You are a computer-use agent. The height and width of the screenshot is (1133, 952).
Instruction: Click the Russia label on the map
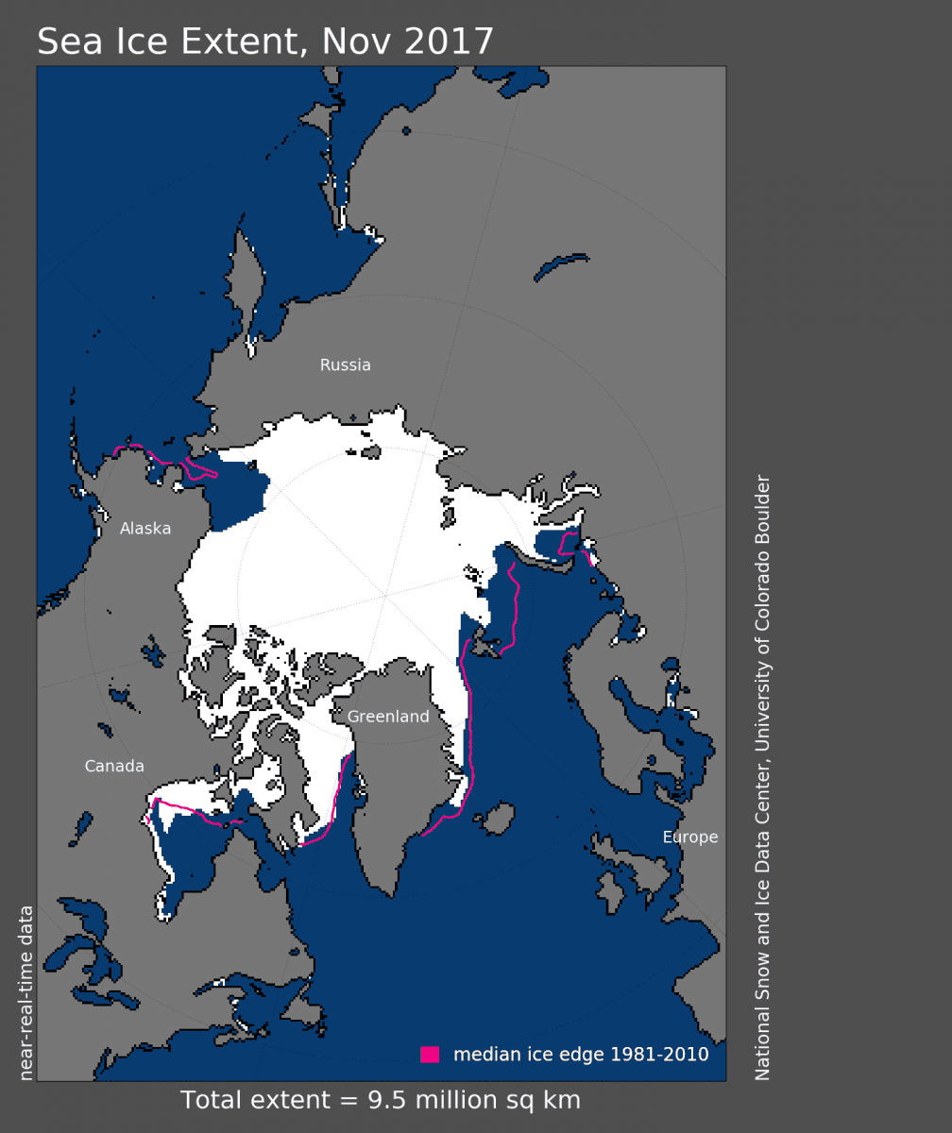345,365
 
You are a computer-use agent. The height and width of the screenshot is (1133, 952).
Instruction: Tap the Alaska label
145,529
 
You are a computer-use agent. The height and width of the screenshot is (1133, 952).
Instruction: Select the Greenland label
388,717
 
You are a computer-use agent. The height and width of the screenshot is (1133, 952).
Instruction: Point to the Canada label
114,766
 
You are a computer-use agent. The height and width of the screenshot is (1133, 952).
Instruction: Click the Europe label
689,837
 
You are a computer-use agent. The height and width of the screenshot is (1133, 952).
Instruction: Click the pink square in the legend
430,1055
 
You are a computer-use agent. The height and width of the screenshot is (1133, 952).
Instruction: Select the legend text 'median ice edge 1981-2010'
581,1055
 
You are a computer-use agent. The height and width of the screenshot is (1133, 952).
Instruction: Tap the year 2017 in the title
451,42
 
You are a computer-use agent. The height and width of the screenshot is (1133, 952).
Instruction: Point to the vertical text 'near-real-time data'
26,992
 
